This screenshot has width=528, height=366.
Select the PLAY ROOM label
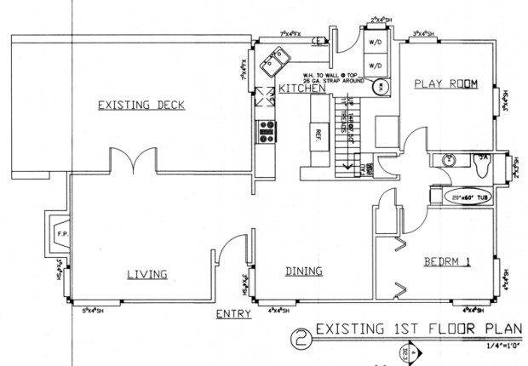tap(444, 83)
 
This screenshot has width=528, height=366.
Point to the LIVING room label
tap(146, 273)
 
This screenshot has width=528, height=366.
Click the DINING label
tap(303, 272)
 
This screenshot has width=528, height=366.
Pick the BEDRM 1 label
tap(446, 262)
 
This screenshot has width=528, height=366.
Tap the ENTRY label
tap(231, 314)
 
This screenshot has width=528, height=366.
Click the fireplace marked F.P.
tap(62, 231)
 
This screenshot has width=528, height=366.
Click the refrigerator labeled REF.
tap(317, 134)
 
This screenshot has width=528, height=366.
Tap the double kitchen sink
tap(278, 62)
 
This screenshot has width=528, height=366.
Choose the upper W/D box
tap(374, 40)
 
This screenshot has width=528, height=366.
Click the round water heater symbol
tap(381, 86)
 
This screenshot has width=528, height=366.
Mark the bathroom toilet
tap(482, 163)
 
